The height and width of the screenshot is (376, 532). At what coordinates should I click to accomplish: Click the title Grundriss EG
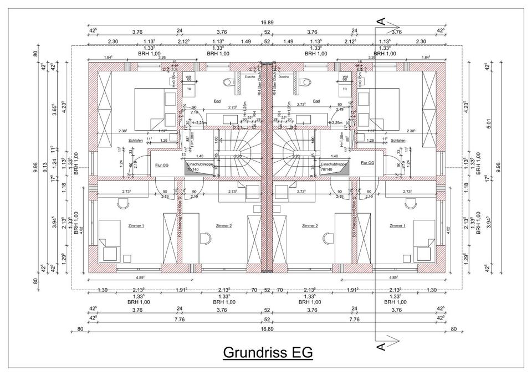coord(268,352)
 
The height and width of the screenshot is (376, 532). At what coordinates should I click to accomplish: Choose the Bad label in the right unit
coord(316,101)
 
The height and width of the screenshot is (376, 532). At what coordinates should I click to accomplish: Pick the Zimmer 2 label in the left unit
coord(223,226)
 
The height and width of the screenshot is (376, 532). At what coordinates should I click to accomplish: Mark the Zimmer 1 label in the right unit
coord(397,226)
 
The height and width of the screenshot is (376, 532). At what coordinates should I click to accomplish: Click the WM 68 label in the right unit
coord(345,78)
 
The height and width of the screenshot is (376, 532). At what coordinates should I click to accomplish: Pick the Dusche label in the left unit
coord(249,77)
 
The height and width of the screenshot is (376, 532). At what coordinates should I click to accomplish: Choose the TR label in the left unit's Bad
coord(189,89)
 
